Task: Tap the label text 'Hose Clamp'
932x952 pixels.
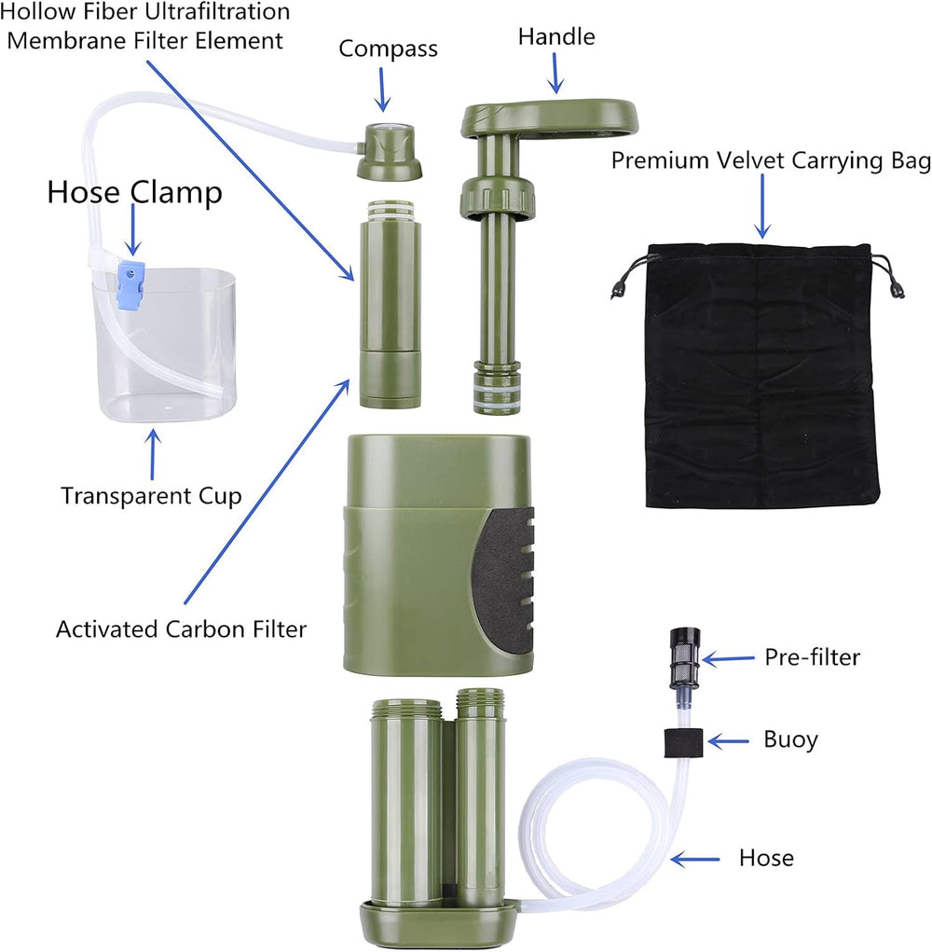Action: pyautogui.click(x=134, y=193)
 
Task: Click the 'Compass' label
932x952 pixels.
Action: pyautogui.click(x=388, y=48)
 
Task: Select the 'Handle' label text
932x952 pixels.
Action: pyautogui.click(x=556, y=37)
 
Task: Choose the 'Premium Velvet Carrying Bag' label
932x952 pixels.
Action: pyautogui.click(x=771, y=160)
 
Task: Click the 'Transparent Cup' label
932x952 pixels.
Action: pyautogui.click(x=151, y=495)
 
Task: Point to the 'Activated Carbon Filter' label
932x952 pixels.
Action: pyautogui.click(x=181, y=628)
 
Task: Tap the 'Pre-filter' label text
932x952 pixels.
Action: pyautogui.click(x=812, y=657)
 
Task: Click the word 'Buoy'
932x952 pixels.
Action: pyautogui.click(x=790, y=740)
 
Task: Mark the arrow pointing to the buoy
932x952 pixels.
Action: pyautogui.click(x=729, y=741)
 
